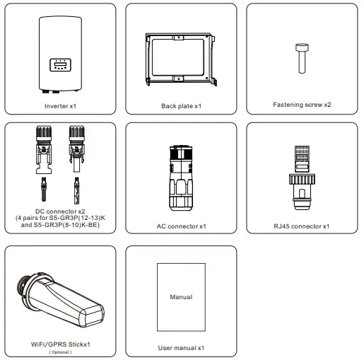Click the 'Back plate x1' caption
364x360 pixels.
click(181, 106)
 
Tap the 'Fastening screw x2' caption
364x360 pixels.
click(303, 105)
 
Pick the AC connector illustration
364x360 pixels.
click(181, 174)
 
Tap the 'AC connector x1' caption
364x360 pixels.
click(181, 226)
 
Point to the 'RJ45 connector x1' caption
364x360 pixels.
click(302, 226)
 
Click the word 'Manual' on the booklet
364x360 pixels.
click(181, 297)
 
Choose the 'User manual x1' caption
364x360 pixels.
click(181, 348)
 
